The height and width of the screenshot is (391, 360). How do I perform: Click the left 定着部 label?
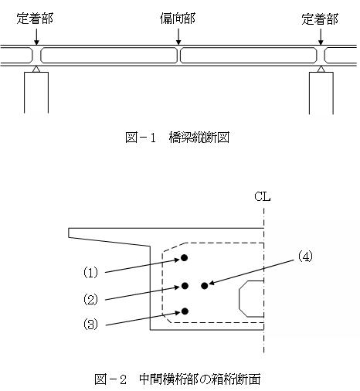click(x=35, y=19)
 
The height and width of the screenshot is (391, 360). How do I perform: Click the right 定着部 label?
click(x=320, y=19)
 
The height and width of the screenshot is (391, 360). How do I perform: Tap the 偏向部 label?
click(x=178, y=19)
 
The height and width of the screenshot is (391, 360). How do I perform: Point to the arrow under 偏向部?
click(x=178, y=36)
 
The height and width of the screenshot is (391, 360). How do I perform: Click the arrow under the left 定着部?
click(x=36, y=36)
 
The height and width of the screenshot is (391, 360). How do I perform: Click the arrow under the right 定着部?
click(x=321, y=36)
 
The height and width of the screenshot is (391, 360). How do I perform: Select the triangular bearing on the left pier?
click(x=36, y=69)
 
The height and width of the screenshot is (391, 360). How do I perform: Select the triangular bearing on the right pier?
click(x=321, y=69)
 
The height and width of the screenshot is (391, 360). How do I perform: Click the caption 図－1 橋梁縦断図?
click(x=177, y=138)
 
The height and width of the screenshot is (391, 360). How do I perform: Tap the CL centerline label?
click(x=263, y=196)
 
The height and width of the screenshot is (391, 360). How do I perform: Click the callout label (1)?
click(x=90, y=272)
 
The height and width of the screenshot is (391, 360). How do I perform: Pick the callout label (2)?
click(x=90, y=299)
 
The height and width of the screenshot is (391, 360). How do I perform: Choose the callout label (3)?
click(x=90, y=324)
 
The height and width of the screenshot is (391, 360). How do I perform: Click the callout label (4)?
click(x=305, y=257)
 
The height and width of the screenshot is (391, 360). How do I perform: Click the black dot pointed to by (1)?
click(x=184, y=258)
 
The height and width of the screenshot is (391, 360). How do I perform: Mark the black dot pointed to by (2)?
click(x=185, y=286)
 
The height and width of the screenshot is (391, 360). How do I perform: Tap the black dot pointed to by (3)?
click(x=185, y=311)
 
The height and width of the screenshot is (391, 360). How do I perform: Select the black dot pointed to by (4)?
click(x=205, y=286)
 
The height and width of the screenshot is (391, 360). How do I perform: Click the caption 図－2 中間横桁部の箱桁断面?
click(x=178, y=379)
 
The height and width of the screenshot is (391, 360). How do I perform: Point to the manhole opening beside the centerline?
click(x=239, y=299)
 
